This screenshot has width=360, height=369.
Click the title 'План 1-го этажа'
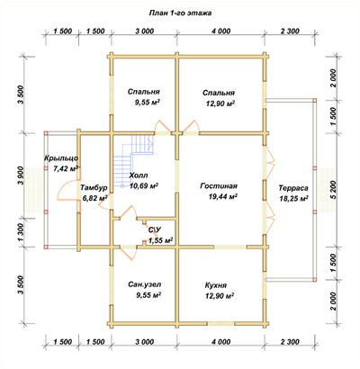(x=180, y=13)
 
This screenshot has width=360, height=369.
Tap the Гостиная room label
(x=219, y=186)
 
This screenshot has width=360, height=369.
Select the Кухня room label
(x=216, y=285)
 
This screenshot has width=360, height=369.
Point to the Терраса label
(x=293, y=188)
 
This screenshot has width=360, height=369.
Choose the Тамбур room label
(x=94, y=188)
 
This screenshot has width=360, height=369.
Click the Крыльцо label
(x=61, y=158)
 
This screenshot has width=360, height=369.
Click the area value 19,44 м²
(x=222, y=196)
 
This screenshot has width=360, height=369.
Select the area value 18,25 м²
(x=294, y=199)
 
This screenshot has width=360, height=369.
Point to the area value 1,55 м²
(x=161, y=240)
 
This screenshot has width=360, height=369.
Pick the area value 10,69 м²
(x=144, y=186)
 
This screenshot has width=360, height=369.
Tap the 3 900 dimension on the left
(x=22, y=177)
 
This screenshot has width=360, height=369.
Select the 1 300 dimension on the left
(x=22, y=232)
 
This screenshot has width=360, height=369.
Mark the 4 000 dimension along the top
(x=221, y=31)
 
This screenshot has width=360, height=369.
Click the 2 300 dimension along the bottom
(x=290, y=342)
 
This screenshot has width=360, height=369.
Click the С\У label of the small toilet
(x=155, y=230)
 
